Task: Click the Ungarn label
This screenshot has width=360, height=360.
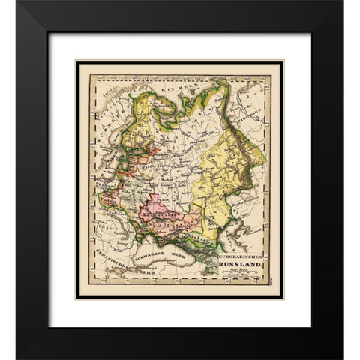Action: point(102,222)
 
